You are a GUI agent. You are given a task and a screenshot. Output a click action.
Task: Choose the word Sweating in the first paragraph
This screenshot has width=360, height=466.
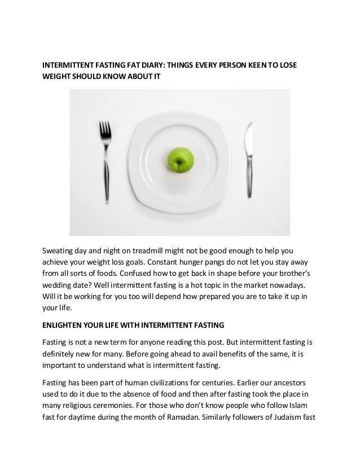62,250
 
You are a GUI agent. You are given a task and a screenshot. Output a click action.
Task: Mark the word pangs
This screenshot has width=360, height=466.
224,262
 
